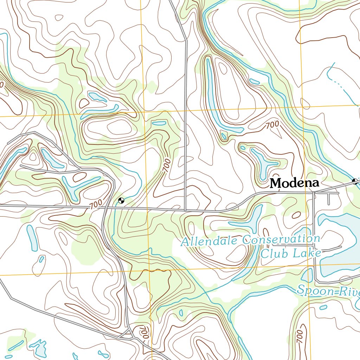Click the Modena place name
295,183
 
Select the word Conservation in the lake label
281,240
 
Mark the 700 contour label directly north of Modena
272,124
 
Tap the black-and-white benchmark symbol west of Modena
121,201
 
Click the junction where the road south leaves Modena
314,193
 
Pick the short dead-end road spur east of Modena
328,199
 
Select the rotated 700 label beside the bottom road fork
144,333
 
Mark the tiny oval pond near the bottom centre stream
181,313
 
